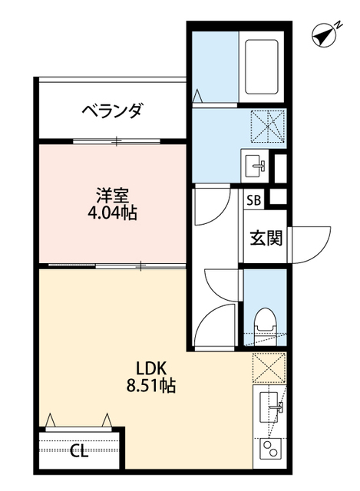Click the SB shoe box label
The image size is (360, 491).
click(253, 202)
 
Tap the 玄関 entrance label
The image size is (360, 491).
click(266, 237)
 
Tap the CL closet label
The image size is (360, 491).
click(79, 451)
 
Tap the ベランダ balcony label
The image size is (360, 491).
click(112, 111)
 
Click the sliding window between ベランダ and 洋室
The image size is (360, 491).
click(117, 141)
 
